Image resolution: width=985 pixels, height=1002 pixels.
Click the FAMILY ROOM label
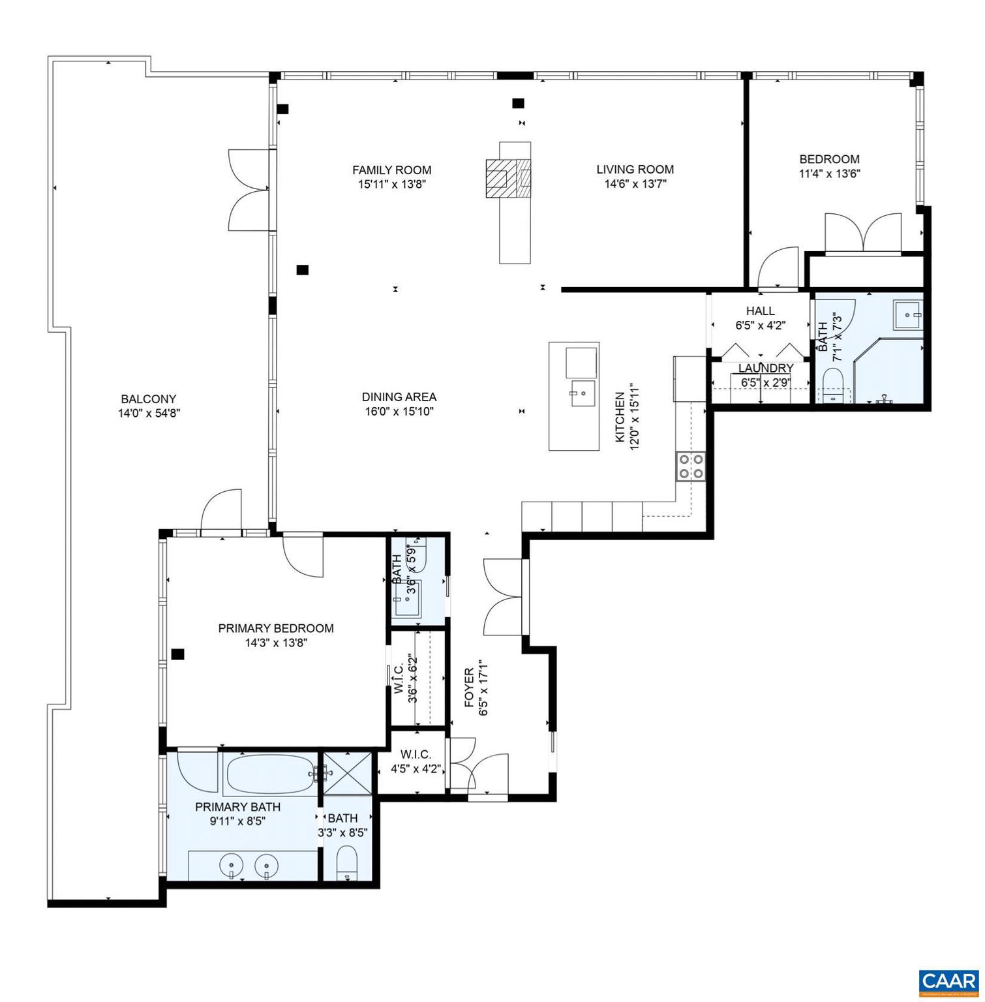391,170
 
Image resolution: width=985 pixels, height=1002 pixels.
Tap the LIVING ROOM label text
635,170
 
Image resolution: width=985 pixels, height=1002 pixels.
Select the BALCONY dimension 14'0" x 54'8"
148,413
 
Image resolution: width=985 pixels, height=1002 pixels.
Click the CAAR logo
948,981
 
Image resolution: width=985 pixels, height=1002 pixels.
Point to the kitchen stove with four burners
691,466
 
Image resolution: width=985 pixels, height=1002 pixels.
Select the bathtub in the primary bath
270,774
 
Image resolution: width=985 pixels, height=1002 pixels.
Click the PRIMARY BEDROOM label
275,628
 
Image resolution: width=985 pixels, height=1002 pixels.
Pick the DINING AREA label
399,397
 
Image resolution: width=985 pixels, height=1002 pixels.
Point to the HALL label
760,311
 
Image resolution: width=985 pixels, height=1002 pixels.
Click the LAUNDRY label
765,369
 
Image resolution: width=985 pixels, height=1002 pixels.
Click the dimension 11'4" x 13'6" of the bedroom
829,174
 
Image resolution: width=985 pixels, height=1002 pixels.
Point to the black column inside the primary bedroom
177,654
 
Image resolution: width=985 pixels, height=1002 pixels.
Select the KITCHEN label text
620,417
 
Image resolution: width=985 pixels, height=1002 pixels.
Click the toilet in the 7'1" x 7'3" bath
833,385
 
